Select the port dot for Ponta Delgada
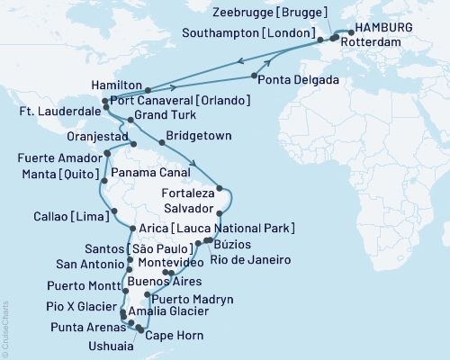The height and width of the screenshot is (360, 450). tap(256, 76)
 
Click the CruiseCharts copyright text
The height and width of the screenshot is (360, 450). tap(5, 328)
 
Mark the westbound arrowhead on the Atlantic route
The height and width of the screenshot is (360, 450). tap(240, 61)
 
